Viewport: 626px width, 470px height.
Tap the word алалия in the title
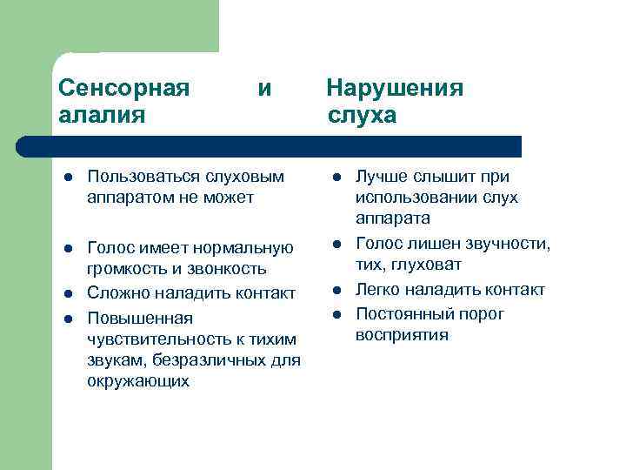pos(102,115)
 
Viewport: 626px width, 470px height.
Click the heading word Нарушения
pos(395,88)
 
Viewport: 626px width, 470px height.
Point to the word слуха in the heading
pos(363,115)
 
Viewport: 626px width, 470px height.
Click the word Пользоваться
pos(143,177)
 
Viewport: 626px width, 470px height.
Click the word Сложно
pos(117,292)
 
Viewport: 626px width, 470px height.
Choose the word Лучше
pos(380,177)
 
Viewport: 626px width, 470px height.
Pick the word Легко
pos(378,290)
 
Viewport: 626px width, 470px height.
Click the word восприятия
pos(402,334)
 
